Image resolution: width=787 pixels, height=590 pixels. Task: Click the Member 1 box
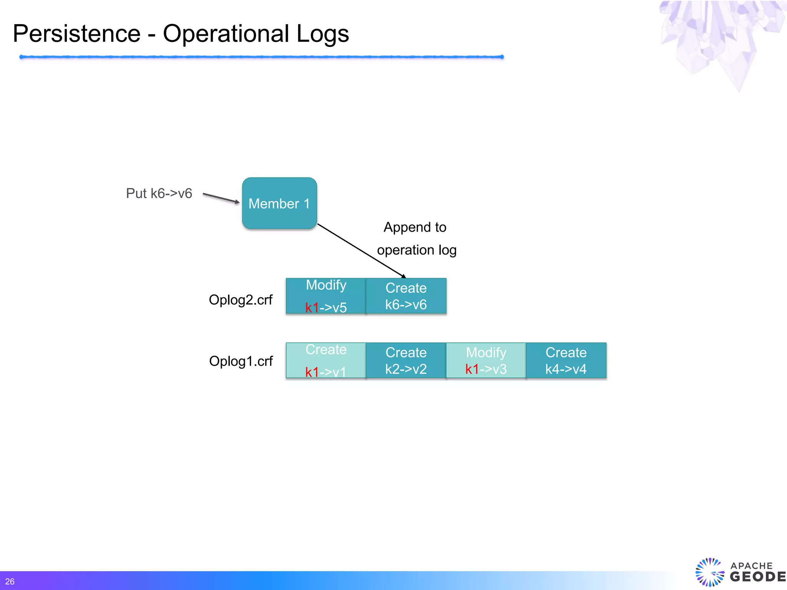[x=279, y=203]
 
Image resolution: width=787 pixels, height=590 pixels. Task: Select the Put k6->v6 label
[x=159, y=193]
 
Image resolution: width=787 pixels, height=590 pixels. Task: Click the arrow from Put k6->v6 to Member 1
[x=221, y=198]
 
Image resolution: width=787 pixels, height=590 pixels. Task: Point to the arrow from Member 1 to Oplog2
[x=361, y=250]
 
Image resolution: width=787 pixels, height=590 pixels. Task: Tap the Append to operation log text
[x=416, y=239]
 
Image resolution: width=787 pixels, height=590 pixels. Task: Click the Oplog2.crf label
[x=241, y=300]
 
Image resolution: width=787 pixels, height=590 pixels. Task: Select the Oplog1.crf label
[x=241, y=361]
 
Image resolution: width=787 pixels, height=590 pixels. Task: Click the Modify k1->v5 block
[x=326, y=296]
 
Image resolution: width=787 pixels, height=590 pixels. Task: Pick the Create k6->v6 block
[x=406, y=296]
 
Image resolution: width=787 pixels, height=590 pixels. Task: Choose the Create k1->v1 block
[x=326, y=360]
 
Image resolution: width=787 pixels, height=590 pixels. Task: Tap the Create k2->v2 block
[x=406, y=360]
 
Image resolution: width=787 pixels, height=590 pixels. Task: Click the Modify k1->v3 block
[x=486, y=360]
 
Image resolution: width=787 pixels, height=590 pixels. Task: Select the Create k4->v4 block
[x=566, y=360]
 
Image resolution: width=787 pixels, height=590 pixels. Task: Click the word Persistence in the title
[x=77, y=33]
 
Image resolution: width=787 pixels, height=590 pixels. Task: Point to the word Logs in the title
[x=322, y=33]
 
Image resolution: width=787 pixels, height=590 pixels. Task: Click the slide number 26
[x=10, y=582]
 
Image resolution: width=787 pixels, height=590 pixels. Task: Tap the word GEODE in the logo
[x=757, y=577]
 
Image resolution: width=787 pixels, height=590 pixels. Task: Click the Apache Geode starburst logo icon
[x=709, y=572]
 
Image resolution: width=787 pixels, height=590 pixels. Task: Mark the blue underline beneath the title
[x=261, y=57]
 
